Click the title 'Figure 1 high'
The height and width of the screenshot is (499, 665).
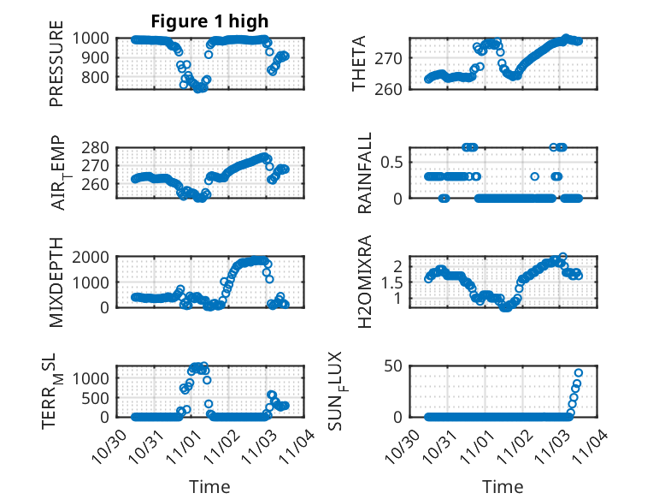[209, 21]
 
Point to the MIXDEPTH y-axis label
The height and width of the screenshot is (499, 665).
[56, 281]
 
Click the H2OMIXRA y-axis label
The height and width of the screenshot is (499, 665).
[366, 281]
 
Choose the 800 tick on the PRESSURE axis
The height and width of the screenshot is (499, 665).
[94, 77]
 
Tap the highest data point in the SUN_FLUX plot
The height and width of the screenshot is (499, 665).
[579, 372]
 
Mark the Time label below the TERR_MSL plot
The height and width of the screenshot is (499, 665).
[209, 486]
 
